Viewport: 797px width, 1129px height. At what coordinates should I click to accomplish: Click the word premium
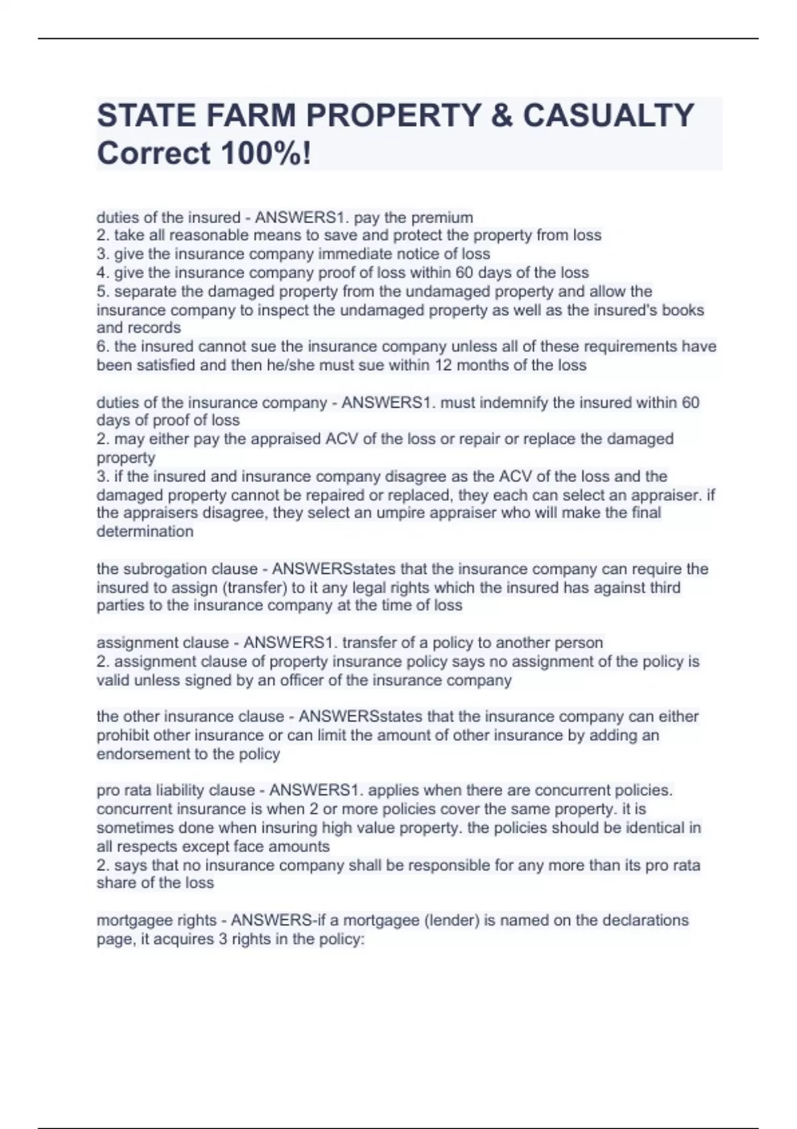tap(443, 218)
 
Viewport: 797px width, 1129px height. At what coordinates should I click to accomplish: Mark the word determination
tap(145, 531)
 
